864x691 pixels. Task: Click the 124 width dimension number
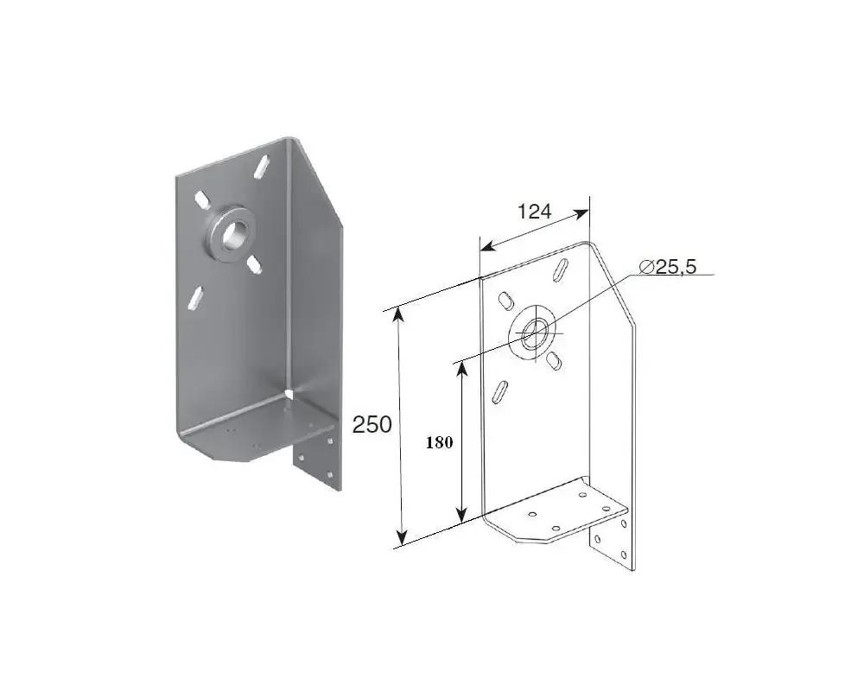tap(534, 211)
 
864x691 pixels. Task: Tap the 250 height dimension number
tap(372, 424)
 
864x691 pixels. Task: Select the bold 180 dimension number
tap(439, 442)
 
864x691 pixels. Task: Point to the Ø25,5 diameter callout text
tap(668, 267)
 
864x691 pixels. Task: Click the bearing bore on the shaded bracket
tap(232, 233)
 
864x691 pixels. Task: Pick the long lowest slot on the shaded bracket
tap(195, 297)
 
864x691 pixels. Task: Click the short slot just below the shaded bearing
tap(253, 263)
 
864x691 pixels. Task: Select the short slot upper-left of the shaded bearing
tap(200, 199)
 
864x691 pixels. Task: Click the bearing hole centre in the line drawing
tap(533, 333)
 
